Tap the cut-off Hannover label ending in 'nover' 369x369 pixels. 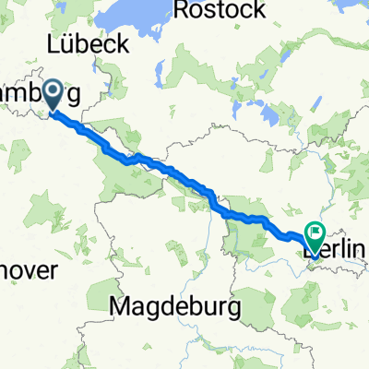point(28,271)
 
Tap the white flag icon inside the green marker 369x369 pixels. point(316,234)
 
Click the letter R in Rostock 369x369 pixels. point(181,11)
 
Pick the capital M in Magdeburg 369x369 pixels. point(118,304)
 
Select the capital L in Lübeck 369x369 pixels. point(54,44)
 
